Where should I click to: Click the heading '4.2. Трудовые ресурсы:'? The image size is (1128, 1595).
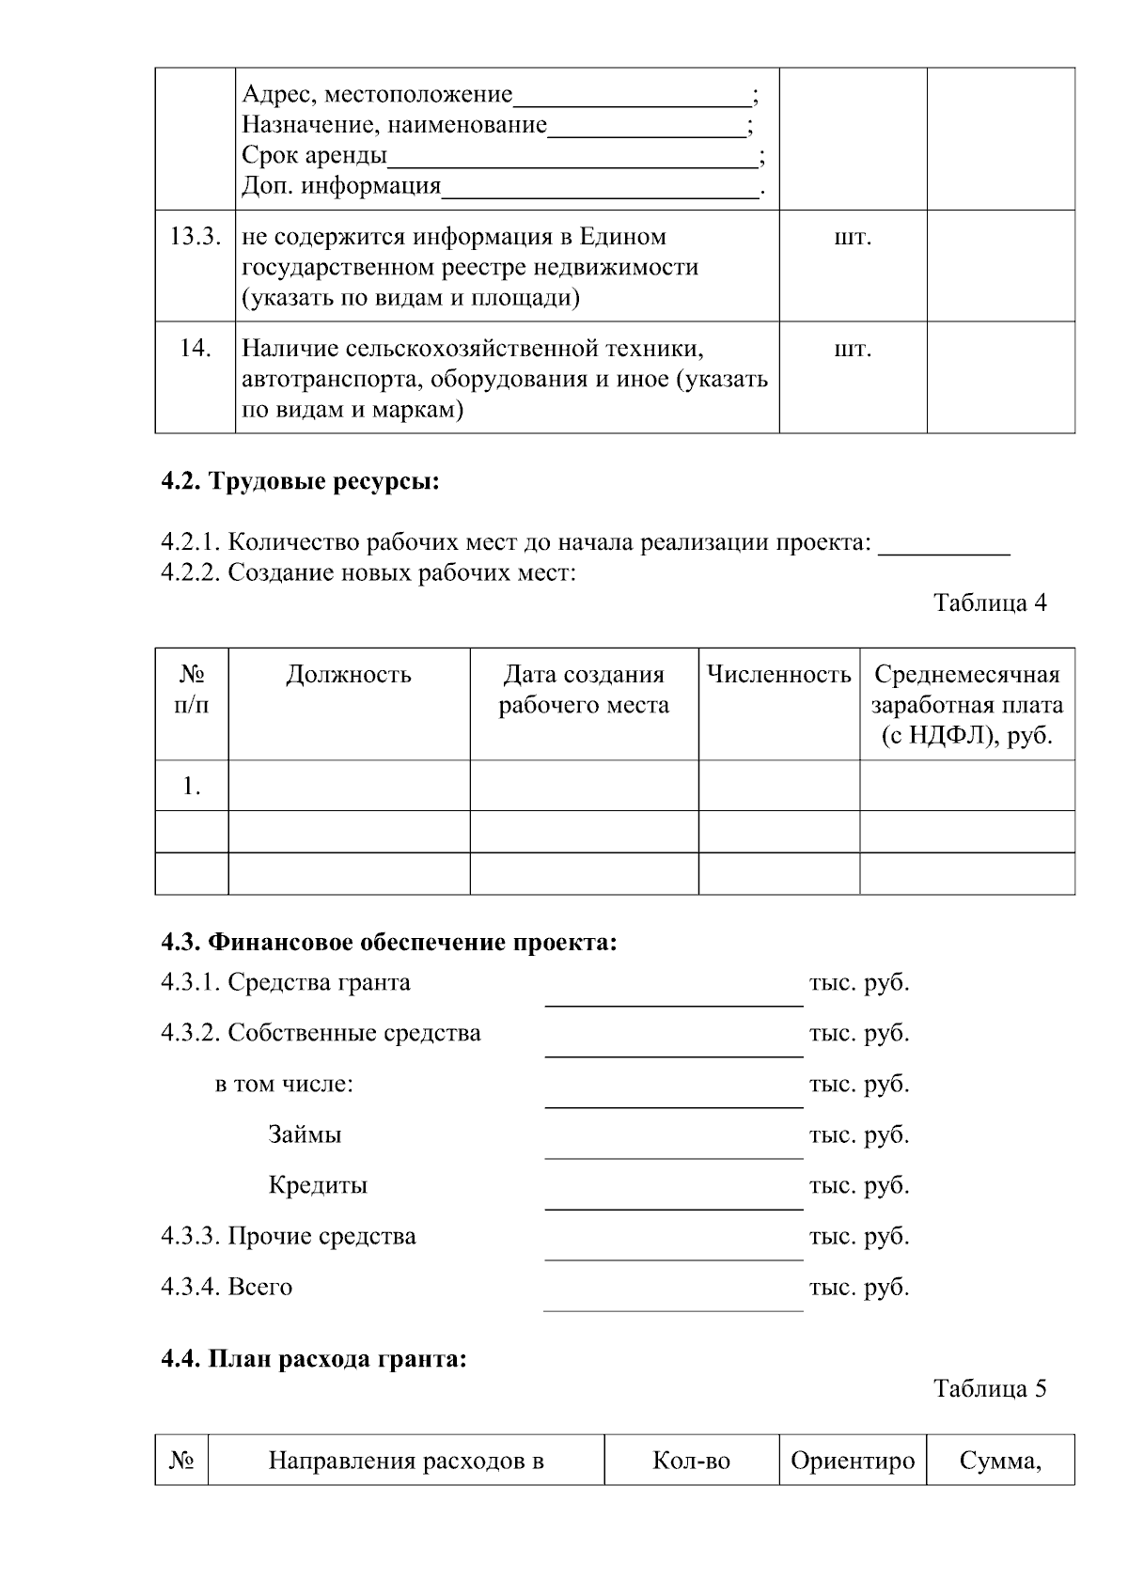[300, 482]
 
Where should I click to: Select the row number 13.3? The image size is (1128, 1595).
[195, 237]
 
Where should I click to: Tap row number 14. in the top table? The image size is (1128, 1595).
[195, 349]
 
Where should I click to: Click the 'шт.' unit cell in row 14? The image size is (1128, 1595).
[853, 349]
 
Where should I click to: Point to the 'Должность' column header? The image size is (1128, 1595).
[349, 675]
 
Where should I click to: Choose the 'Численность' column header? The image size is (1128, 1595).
[778, 675]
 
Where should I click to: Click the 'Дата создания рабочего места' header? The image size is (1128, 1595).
[584, 690]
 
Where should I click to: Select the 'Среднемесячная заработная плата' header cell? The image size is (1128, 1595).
[966, 704]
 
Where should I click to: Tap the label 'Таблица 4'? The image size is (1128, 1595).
[989, 602]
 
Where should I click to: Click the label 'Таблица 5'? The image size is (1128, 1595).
[989, 1388]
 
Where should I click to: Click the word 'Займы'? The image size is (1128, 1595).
[305, 1134]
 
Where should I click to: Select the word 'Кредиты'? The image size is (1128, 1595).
[318, 1185]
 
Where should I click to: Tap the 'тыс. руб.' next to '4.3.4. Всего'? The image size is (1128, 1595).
[859, 1287]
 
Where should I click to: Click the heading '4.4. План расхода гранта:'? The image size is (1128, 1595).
[313, 1359]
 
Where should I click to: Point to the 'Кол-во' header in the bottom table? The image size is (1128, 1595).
[691, 1461]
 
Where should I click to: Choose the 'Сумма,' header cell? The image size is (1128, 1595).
[1000, 1461]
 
